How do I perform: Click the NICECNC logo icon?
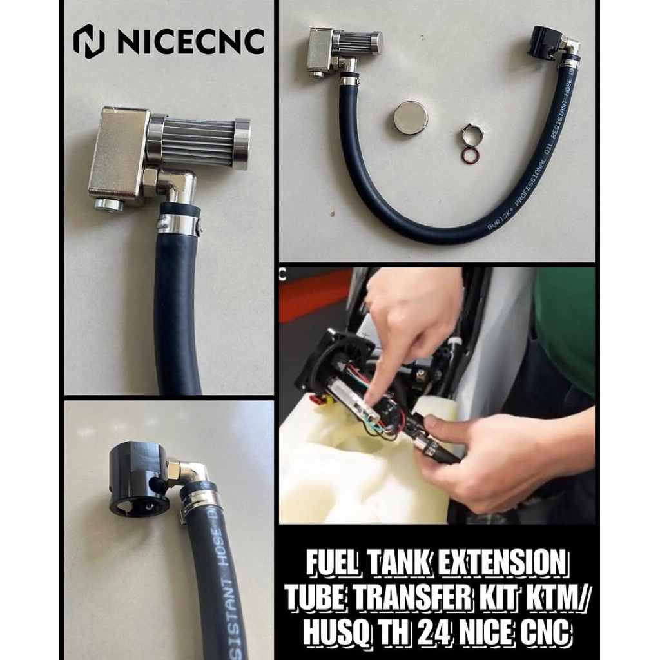pyautogui.click(x=89, y=42)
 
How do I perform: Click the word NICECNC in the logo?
pyautogui.click(x=190, y=42)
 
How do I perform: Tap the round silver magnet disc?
pyautogui.click(x=411, y=117)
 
